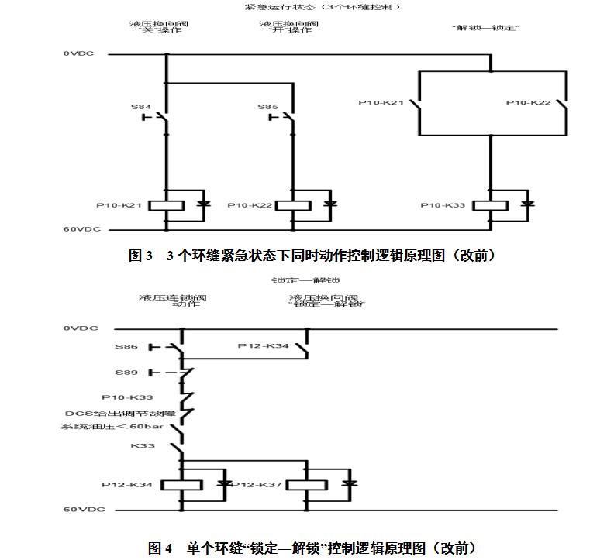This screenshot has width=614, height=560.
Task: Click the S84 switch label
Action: [x=140, y=107]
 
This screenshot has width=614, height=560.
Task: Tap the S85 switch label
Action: [x=267, y=107]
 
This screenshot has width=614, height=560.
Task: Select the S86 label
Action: [x=126, y=346]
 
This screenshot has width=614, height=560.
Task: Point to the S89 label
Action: [x=126, y=372]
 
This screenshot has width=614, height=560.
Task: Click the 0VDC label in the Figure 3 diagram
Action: [x=80, y=54]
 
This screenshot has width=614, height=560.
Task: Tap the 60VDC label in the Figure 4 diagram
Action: [x=81, y=510]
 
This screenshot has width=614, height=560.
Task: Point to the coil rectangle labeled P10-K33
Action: [x=489, y=205]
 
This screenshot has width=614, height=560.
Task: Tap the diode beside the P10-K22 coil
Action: [x=329, y=204]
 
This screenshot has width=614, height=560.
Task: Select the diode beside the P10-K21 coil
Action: [x=202, y=204]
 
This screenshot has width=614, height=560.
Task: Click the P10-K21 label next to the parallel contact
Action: [x=381, y=102]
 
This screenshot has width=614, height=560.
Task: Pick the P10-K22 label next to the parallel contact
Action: [x=529, y=102]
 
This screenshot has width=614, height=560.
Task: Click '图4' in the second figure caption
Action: [x=160, y=548]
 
